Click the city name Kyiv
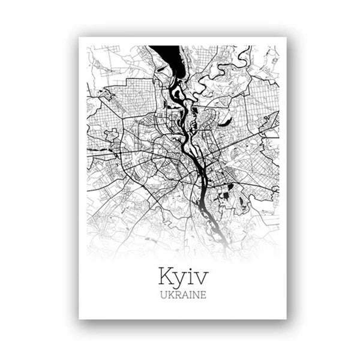[184, 277]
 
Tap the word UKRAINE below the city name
[184, 295]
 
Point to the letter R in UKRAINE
[177, 295]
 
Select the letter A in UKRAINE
[184, 295]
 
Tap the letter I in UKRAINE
[190, 295]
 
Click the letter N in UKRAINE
[196, 295]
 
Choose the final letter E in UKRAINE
[203, 295]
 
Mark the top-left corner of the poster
[79, 38]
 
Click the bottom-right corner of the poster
[286, 319]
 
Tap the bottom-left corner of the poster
[79, 319]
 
